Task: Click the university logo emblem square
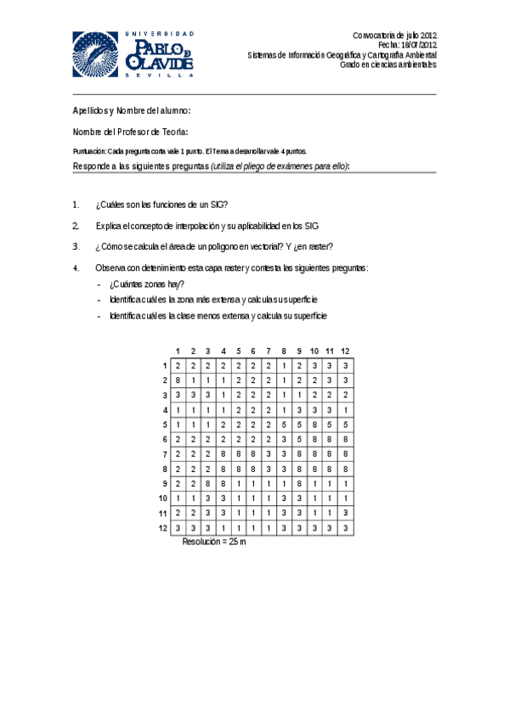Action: pyautogui.click(x=95, y=54)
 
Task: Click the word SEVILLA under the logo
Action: pyautogui.click(x=159, y=75)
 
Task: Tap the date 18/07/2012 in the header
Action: pyautogui.click(x=420, y=45)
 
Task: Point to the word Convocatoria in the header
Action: pyautogui.click(x=376, y=35)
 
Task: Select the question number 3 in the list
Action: pyautogui.click(x=76, y=247)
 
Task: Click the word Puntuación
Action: pyautogui.click(x=90, y=151)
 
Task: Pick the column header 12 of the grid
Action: pyautogui.click(x=345, y=352)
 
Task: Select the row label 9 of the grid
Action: pyautogui.click(x=165, y=483)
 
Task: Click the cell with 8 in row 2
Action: pyautogui.click(x=178, y=380)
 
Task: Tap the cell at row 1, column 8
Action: pyautogui.click(x=284, y=365)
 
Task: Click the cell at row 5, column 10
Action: pyautogui.click(x=314, y=425)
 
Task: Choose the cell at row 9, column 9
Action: pyautogui.click(x=299, y=483)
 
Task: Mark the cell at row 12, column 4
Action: pyautogui.click(x=223, y=528)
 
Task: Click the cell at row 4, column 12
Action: pyautogui.click(x=345, y=410)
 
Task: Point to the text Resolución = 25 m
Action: pyautogui.click(x=214, y=541)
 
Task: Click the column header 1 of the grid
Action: pyautogui.click(x=178, y=352)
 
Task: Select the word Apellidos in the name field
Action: pyautogui.click(x=90, y=111)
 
